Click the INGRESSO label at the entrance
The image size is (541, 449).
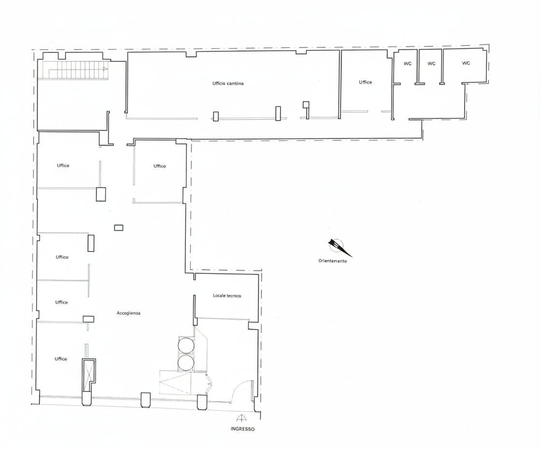[242, 429]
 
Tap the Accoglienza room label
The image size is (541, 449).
[128, 313]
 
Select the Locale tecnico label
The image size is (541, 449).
[227, 296]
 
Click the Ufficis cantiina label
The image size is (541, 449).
[228, 83]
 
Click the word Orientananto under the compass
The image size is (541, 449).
[333, 261]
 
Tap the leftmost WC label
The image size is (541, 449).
[408, 63]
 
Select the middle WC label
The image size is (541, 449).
[431, 63]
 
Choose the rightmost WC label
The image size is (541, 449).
[466, 63]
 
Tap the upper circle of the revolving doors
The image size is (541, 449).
[186, 345]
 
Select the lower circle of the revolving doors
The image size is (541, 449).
[186, 362]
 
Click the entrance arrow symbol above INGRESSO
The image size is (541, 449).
[241, 418]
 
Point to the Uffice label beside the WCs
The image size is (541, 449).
[365, 82]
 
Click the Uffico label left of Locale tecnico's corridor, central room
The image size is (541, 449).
[160, 166]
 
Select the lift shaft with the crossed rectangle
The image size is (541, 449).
[88, 375]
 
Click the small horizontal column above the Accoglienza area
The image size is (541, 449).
[119, 227]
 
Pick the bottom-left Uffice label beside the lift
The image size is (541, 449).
[61, 359]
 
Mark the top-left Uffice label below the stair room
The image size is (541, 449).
[63, 165]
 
